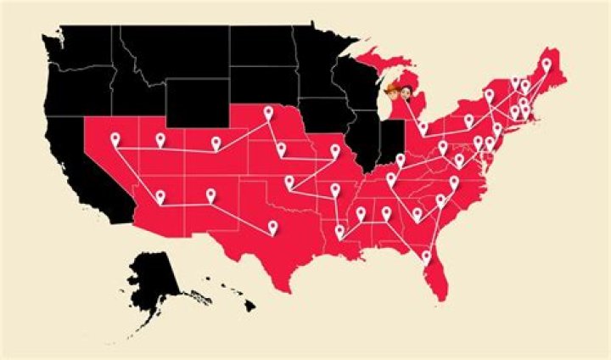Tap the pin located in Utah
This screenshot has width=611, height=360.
click(x=160, y=139)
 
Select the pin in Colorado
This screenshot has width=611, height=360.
click(x=216, y=143)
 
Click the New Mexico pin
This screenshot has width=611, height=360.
click(x=210, y=196)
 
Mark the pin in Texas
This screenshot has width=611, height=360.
click(x=272, y=227)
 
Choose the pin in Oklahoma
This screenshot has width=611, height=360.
click(x=289, y=181)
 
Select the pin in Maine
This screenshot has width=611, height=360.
click(x=546, y=65)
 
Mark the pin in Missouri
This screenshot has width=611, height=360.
click(x=335, y=151)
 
